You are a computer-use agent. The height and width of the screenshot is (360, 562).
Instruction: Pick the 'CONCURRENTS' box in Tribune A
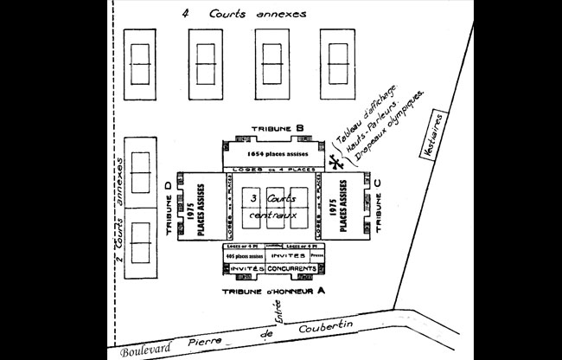[296, 269]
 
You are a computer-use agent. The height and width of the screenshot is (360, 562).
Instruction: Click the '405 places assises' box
[242, 257]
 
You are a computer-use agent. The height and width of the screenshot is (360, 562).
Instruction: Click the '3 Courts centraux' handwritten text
[272, 206]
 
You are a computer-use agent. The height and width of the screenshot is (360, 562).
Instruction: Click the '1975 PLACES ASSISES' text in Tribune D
[195, 205]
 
